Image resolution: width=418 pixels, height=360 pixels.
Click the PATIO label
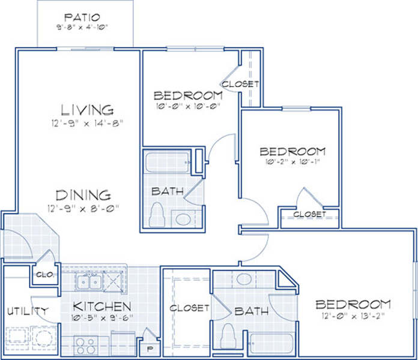point(82,17)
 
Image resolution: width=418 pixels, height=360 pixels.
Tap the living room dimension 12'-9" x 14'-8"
point(88,123)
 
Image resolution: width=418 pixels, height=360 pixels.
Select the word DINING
point(83,195)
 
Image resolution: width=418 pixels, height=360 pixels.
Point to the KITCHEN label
point(102,307)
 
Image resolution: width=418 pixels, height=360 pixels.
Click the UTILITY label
point(28,311)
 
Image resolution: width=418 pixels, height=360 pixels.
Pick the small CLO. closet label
point(45,275)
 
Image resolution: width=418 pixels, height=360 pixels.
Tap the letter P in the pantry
point(150,349)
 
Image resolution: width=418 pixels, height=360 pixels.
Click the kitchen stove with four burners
point(86,346)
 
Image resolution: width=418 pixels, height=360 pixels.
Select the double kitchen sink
point(89,281)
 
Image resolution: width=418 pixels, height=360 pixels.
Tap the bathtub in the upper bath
point(168,163)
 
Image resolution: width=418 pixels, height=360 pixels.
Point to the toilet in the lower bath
point(228,336)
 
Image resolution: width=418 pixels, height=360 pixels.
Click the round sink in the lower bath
point(244,279)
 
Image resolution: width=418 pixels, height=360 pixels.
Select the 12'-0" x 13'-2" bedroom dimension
point(354,316)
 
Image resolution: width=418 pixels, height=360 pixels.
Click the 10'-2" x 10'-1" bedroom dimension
point(292,161)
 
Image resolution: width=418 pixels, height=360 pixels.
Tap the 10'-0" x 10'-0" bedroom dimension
point(188,107)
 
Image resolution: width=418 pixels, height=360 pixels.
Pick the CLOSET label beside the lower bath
point(189,308)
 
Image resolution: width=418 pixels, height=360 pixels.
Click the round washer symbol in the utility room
point(43,338)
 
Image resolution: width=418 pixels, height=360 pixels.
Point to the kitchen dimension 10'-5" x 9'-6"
point(102,317)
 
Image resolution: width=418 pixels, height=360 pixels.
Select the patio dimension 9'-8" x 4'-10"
point(82,27)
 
